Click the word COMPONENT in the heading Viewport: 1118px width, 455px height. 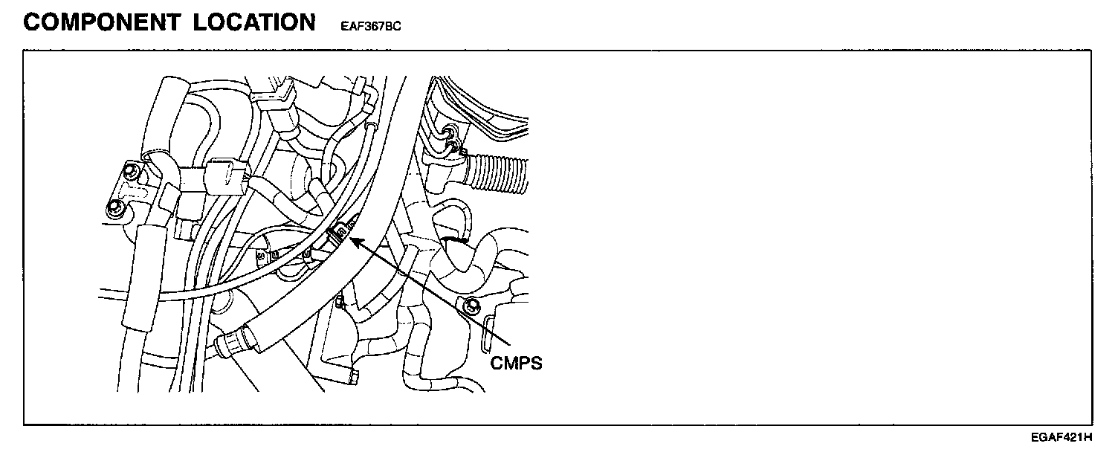point(101,22)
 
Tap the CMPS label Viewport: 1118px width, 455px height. point(517,364)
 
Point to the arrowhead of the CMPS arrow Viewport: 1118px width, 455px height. point(352,239)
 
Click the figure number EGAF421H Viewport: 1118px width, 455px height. point(1062,436)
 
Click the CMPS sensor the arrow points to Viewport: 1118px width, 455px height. point(339,235)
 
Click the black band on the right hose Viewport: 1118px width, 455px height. point(453,240)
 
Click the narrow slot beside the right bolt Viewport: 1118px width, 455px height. point(487,331)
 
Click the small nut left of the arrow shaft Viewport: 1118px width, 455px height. point(339,303)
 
